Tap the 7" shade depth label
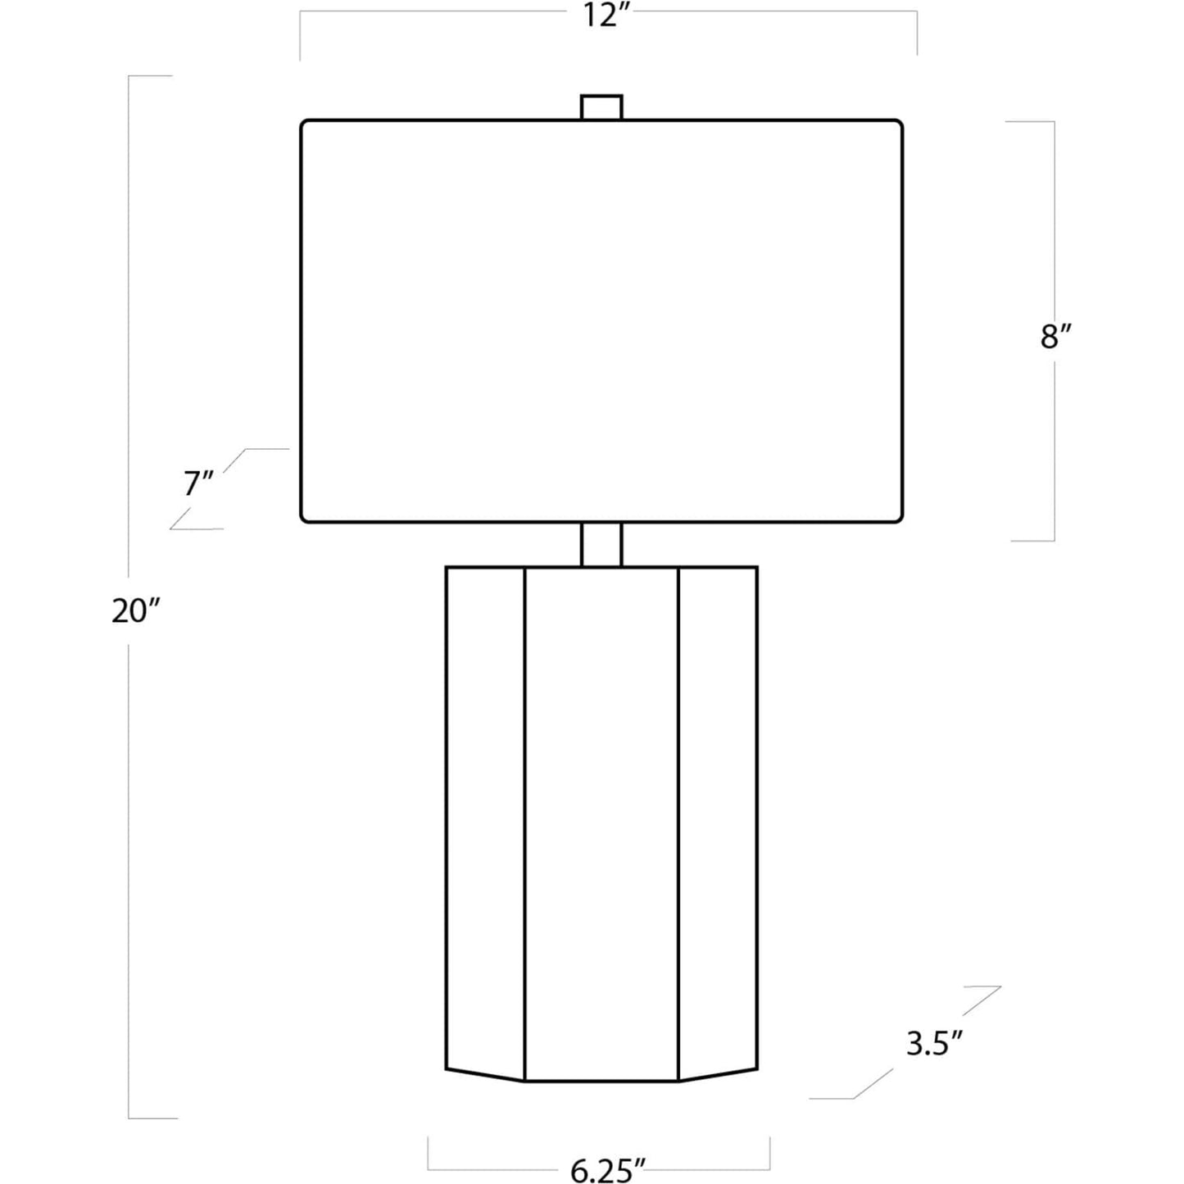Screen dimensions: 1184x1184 [x=198, y=483]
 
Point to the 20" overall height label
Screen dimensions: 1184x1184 [x=136, y=611]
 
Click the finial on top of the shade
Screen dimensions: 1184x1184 [x=601, y=107]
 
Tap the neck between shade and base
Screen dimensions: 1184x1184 [x=601, y=544]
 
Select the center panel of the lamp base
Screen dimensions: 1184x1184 [x=601, y=824]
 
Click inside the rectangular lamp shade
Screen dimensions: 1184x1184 [x=601, y=321]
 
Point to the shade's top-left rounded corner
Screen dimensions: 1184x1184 [x=303, y=123]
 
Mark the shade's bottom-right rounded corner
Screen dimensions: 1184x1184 [x=900, y=519]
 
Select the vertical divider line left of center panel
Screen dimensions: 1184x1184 [x=524, y=824]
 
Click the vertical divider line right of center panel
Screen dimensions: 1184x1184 [x=678, y=824]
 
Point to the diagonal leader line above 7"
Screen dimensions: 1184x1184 [x=234, y=460]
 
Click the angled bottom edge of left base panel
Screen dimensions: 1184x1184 [x=485, y=1075]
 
